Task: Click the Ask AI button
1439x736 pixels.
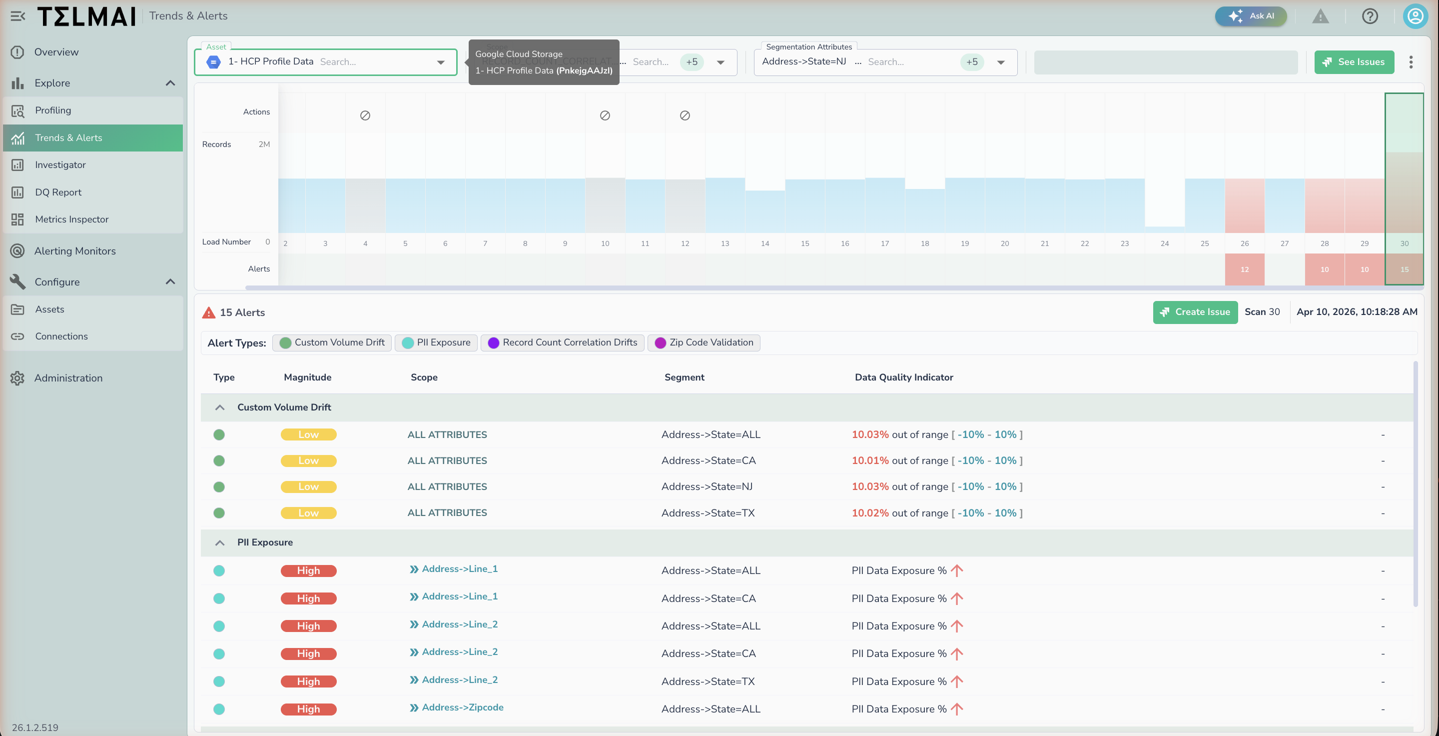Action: [1251, 16]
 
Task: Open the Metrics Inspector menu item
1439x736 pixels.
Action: [71, 219]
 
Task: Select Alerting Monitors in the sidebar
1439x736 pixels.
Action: [75, 251]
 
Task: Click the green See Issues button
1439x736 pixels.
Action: [1354, 62]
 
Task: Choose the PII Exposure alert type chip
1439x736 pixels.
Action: [436, 342]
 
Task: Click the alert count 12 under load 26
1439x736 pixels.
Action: [1244, 269]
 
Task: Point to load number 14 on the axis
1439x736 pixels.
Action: [765, 243]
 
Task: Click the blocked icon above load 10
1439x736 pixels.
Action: [605, 115]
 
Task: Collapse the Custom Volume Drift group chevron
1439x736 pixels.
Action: [219, 407]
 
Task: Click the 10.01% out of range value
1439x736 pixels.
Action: [870, 460]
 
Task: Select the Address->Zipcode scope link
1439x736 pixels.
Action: [462, 707]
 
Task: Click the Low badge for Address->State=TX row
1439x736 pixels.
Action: [308, 513]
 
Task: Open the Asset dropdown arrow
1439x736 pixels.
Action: [441, 62]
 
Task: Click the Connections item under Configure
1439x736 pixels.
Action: [61, 336]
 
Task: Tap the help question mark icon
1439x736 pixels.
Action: [1370, 16]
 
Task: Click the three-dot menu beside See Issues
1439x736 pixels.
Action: [1411, 62]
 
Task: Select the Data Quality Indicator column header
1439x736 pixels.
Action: [903, 377]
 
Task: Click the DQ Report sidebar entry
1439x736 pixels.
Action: [58, 192]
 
